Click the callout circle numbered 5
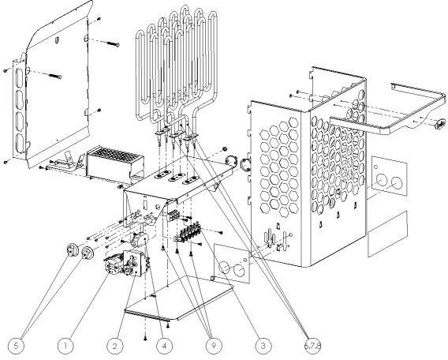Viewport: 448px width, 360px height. (x=16, y=346)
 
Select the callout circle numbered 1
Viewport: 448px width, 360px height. (x=65, y=346)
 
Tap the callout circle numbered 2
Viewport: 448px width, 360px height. (x=115, y=346)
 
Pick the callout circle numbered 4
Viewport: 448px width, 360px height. (x=164, y=346)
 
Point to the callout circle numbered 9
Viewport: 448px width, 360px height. (x=214, y=346)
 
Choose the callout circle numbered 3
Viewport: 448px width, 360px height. (x=263, y=346)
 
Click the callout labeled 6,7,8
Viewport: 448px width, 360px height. (x=313, y=346)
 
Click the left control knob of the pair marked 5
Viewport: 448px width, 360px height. (x=72, y=251)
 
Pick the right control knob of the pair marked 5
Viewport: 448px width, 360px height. (x=87, y=253)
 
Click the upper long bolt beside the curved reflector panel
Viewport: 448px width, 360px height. (x=113, y=43)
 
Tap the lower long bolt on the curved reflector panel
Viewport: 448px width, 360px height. (x=55, y=76)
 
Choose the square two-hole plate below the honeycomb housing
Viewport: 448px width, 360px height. (x=232, y=264)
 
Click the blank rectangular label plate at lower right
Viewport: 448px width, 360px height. (x=387, y=234)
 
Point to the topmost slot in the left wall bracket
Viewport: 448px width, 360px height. (x=20, y=77)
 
